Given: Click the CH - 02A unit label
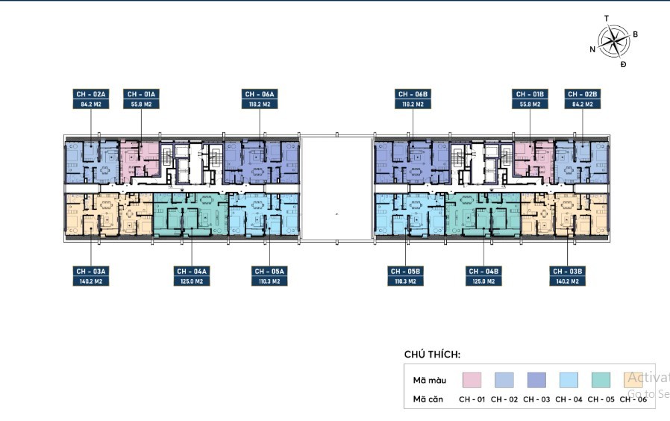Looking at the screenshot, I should (91, 99).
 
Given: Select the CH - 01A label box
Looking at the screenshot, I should (141, 99).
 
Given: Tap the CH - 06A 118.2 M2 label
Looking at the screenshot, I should (260, 99).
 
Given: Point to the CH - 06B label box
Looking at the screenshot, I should (413, 99).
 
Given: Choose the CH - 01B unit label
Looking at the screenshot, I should (530, 99).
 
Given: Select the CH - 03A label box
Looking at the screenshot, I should (91, 275).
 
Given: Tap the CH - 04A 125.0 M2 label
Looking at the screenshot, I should (192, 275).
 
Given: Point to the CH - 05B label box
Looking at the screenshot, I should (406, 275).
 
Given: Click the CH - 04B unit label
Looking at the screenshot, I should (483, 275).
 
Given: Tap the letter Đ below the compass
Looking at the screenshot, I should (624, 65).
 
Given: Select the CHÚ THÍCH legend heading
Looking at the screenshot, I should (432, 354).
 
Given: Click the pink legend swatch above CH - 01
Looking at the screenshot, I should (472, 380).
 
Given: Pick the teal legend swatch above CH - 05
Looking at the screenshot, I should (600, 380).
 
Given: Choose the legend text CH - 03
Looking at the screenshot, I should (536, 399).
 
